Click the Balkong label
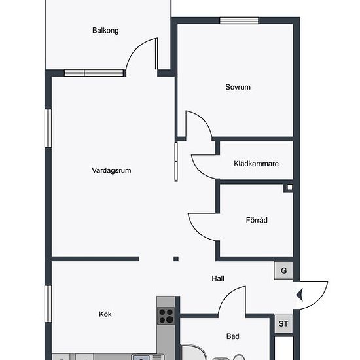coord(105,31)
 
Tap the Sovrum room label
coord(238,87)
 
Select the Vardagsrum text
coord(111,170)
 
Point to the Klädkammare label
coord(256,164)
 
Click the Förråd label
coord(257,220)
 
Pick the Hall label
coord(218,278)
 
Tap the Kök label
coord(105,314)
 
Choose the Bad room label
coord(233,336)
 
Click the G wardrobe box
coord(283,271)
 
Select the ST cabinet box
coord(284,324)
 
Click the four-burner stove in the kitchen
coord(166,316)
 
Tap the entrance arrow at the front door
coord(300,295)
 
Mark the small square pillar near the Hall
coord(176,259)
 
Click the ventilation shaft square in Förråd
coord(290,187)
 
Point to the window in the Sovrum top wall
coord(239,21)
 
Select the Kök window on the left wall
coord(48,304)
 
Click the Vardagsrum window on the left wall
coord(48,128)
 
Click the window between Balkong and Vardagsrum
coord(94,73)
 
